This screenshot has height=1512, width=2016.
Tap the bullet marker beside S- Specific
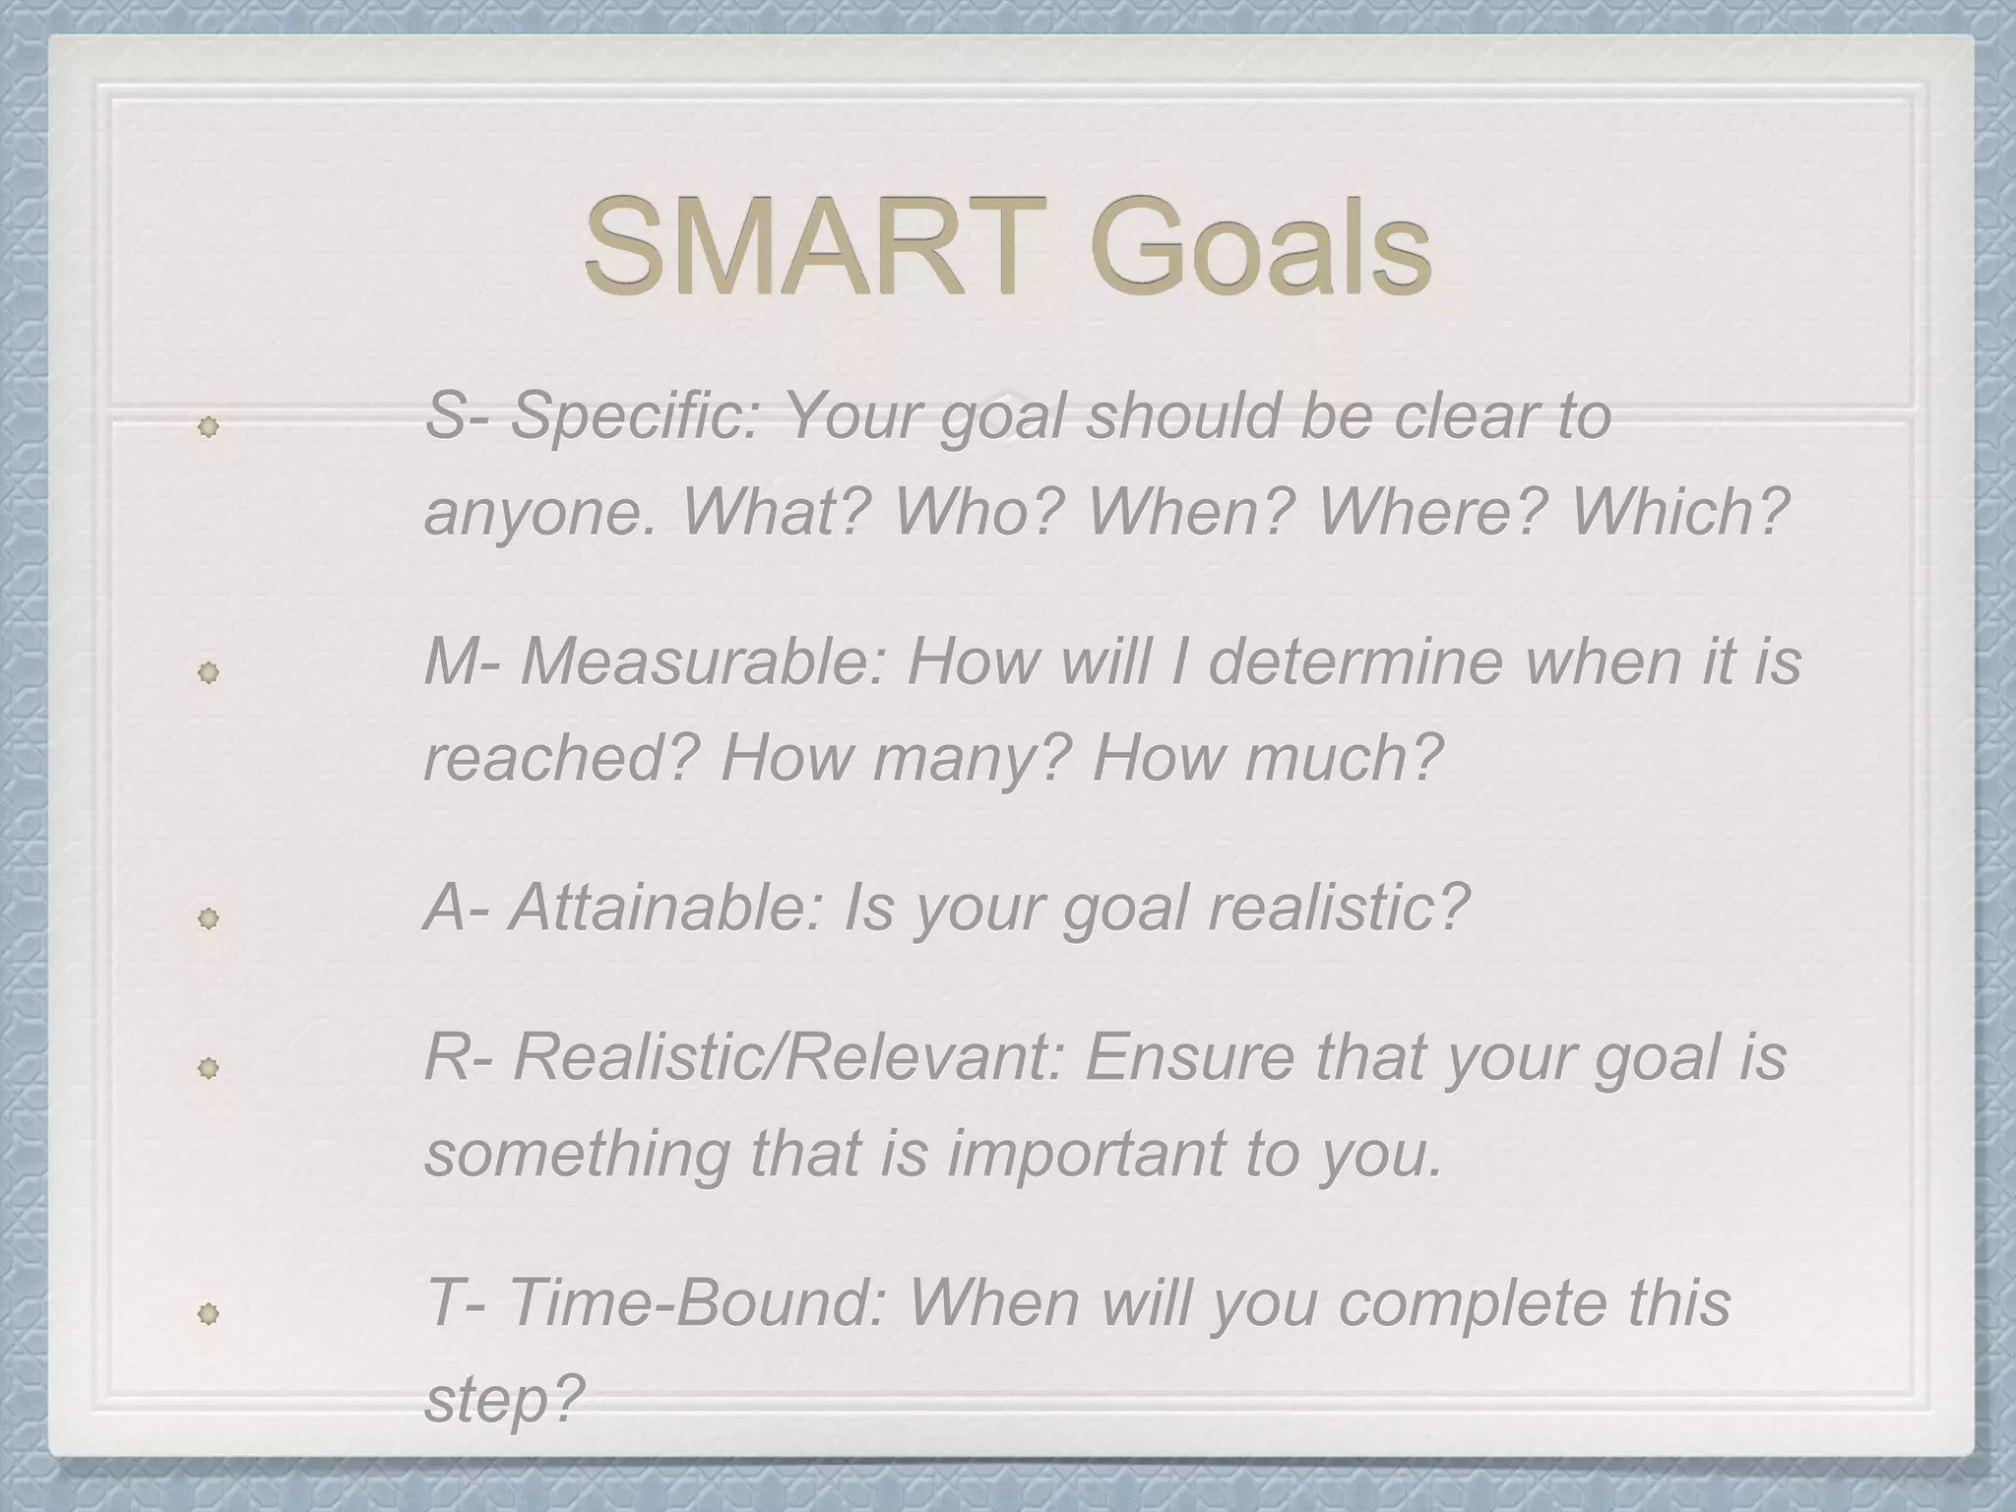tap(208, 427)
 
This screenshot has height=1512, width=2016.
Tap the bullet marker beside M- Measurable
tap(208, 673)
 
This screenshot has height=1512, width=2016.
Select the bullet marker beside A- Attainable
tap(208, 919)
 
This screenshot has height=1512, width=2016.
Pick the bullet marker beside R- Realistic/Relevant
tap(208, 1068)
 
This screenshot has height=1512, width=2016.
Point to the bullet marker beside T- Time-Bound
tap(208, 1314)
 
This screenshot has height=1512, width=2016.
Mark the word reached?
tap(561, 758)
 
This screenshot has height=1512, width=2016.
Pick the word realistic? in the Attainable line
tap(1338, 908)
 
